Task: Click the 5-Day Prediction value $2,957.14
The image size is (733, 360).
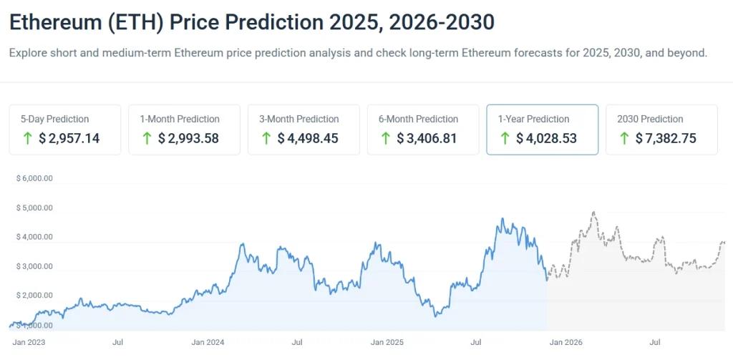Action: coord(69,138)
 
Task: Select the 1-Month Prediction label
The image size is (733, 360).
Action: coord(179,119)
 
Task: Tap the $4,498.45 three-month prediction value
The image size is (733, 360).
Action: coord(308,138)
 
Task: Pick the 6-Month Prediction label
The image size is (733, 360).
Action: coord(418,119)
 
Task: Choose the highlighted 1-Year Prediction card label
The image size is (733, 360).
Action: coord(533,119)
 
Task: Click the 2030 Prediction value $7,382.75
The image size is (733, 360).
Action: coord(666,138)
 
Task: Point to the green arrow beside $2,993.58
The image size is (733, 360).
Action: coord(147,138)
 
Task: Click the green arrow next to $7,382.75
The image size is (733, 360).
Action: coord(625,138)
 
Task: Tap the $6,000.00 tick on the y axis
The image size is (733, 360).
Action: coord(34,178)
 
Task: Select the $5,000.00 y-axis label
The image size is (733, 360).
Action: coord(34,208)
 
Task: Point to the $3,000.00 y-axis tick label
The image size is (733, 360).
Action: coord(34,266)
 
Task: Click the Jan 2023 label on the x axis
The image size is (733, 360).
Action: coord(29,342)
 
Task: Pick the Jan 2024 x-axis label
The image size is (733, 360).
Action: coord(208,342)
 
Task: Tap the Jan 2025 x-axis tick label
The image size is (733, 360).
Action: coord(387,342)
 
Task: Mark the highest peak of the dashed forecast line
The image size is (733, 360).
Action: coord(593,212)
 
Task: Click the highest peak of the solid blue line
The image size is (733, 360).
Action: coord(503,219)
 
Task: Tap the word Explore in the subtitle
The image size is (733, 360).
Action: coord(28,53)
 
